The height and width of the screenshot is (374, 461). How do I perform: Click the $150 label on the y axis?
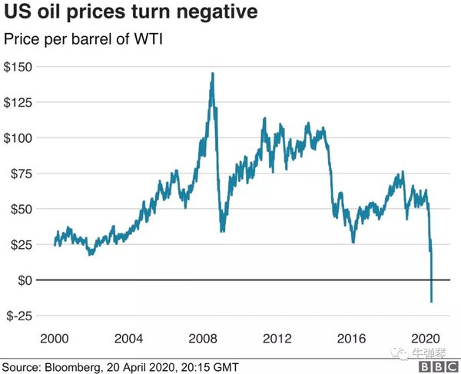click(x=20, y=68)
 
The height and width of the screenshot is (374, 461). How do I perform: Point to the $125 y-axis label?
click(x=20, y=103)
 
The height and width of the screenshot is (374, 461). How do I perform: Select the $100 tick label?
click(x=20, y=138)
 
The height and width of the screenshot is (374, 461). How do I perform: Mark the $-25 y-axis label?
click(x=22, y=316)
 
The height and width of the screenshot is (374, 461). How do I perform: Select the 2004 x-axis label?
click(x=129, y=338)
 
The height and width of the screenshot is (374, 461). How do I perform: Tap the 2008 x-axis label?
click(x=204, y=338)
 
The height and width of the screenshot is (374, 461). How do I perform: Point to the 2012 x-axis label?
click(x=277, y=338)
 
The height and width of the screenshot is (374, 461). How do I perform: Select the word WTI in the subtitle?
click(x=150, y=38)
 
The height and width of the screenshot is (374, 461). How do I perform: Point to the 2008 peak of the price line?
click(x=212, y=73)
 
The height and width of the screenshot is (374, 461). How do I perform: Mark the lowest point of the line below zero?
click(x=432, y=302)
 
